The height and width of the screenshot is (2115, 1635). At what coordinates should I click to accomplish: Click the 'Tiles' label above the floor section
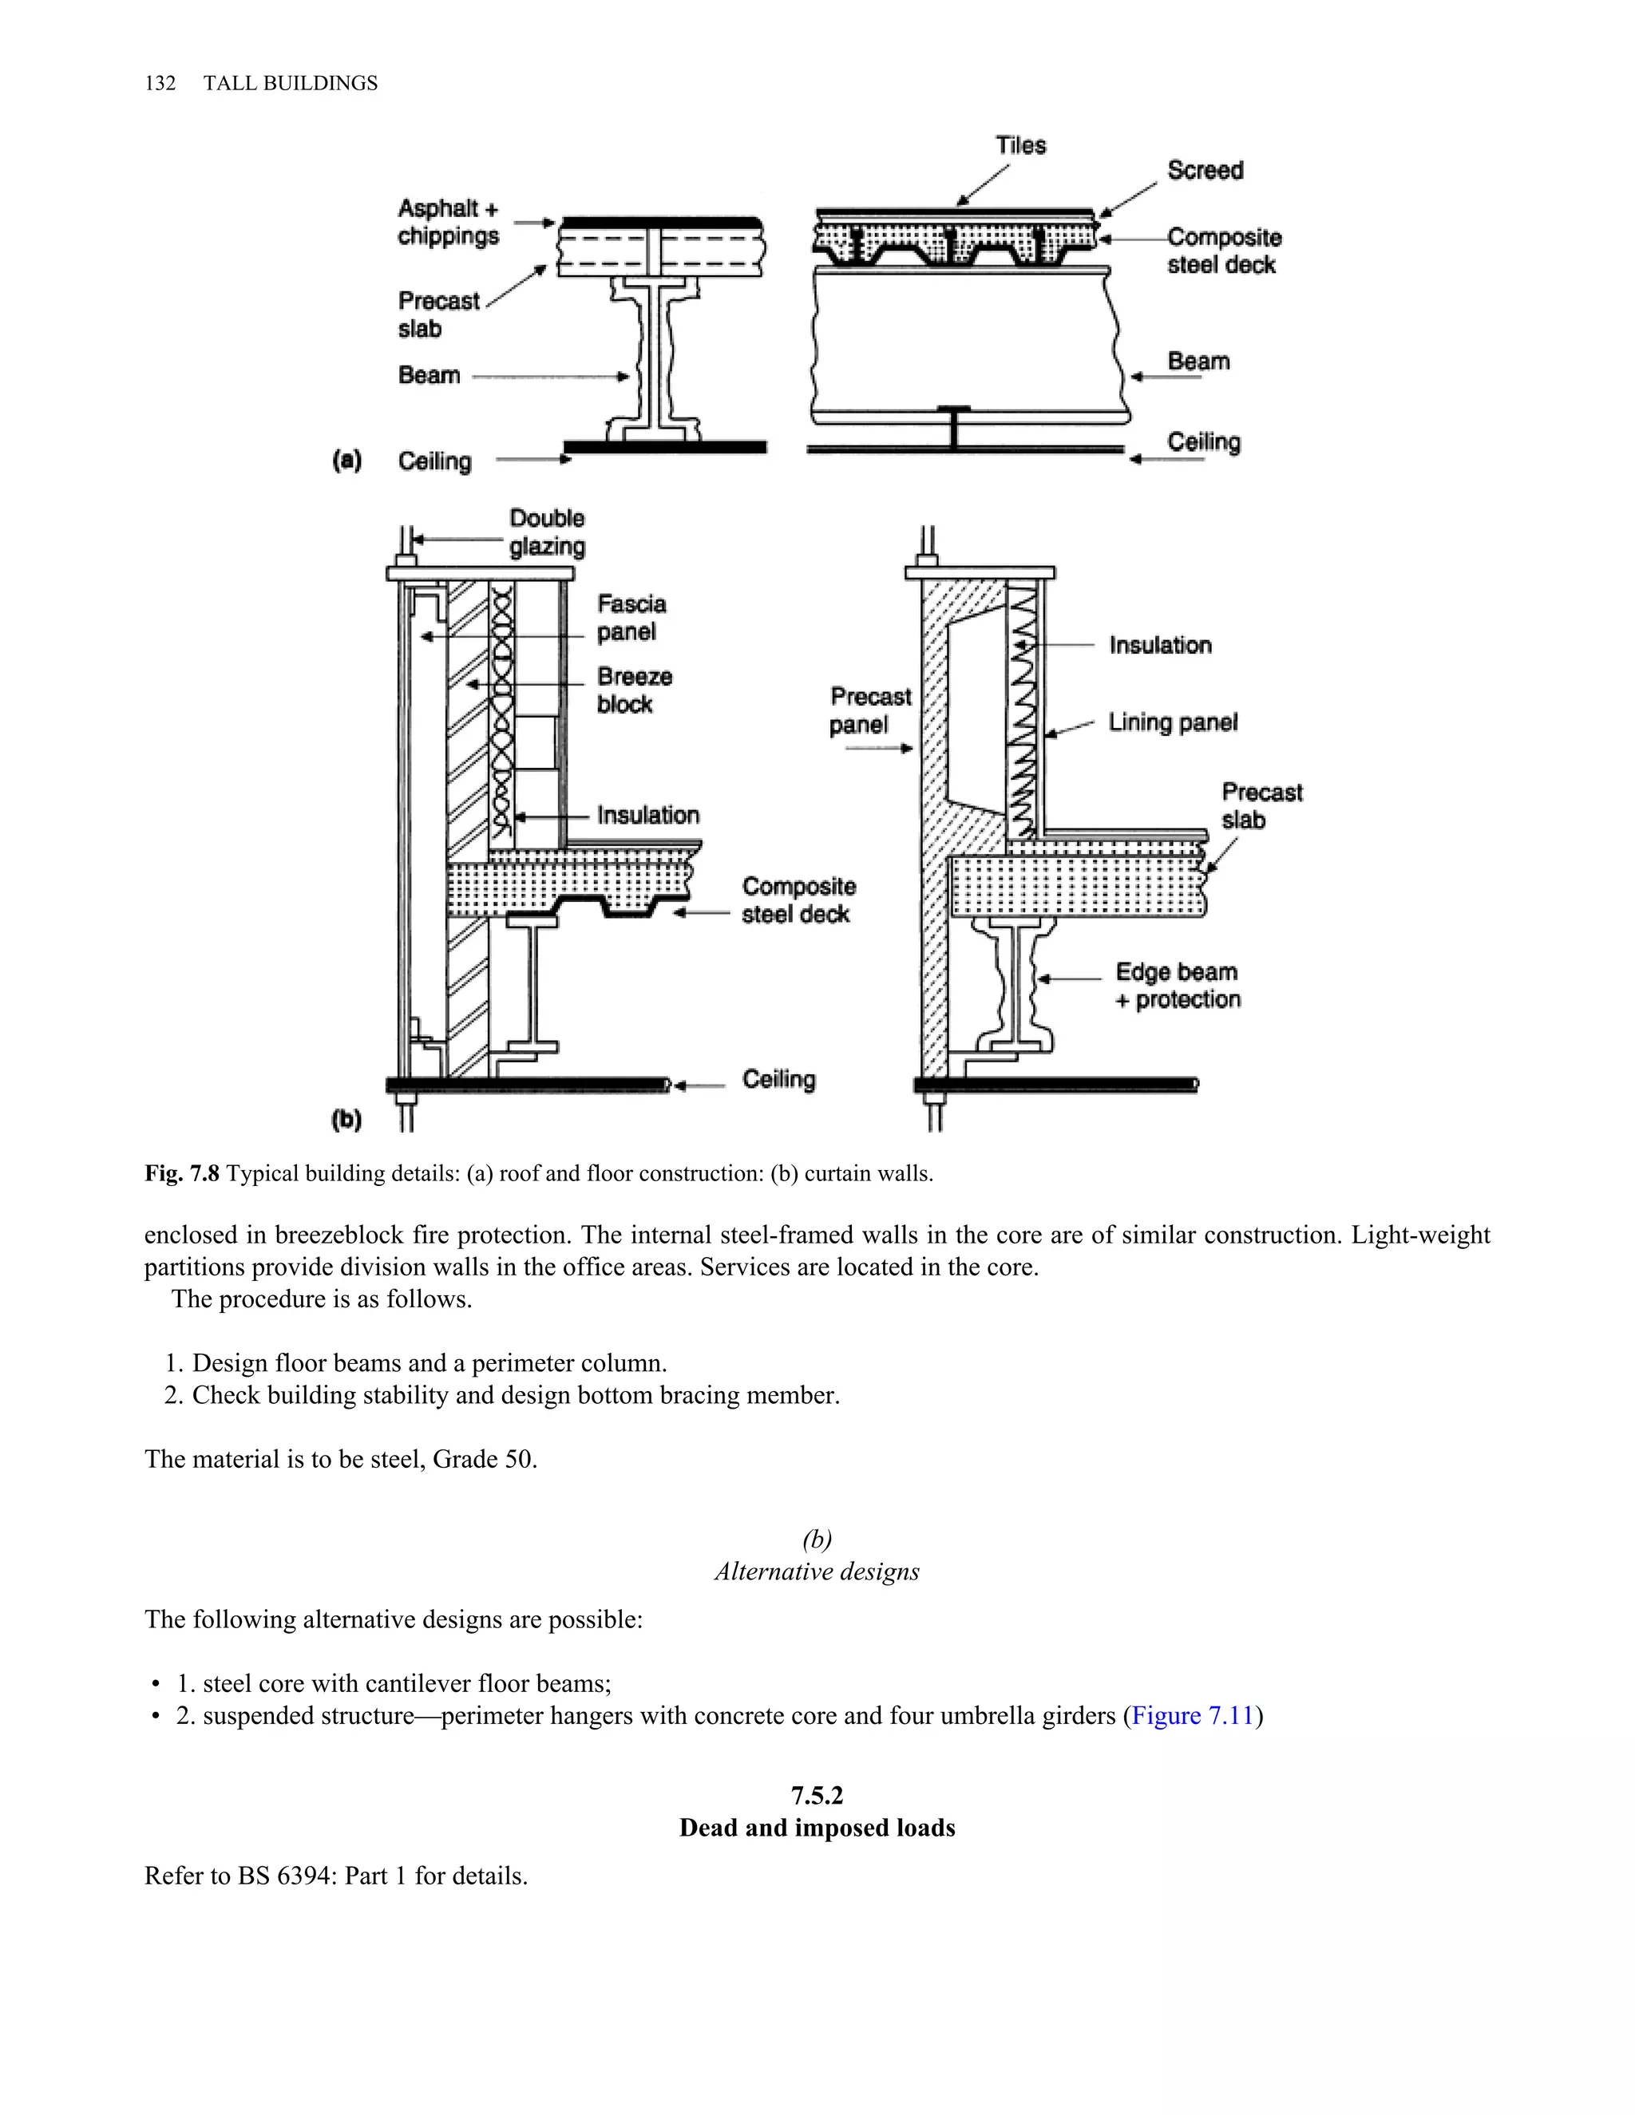tap(1020, 145)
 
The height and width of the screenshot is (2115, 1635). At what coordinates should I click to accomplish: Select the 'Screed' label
tap(1204, 171)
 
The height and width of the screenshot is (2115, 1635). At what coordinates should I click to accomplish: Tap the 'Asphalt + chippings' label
tap(448, 222)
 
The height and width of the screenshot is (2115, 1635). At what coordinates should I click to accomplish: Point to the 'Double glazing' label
tap(547, 532)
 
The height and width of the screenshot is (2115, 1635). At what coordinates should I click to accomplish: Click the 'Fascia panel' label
tap(631, 618)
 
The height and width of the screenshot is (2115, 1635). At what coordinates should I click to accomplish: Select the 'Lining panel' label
tap(1172, 722)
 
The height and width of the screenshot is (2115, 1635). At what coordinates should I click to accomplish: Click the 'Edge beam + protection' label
tap(1177, 985)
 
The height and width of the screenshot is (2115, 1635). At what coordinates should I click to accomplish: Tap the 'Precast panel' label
tap(870, 711)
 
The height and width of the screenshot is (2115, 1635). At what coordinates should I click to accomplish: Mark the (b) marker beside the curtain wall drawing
tap(346, 1121)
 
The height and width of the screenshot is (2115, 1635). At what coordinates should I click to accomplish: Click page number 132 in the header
tap(160, 83)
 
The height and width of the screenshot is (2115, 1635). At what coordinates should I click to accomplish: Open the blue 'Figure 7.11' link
tap(1193, 1716)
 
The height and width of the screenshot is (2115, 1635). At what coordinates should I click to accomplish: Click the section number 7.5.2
tap(817, 1796)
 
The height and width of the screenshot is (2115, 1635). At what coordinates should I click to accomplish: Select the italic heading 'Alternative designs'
tap(817, 1571)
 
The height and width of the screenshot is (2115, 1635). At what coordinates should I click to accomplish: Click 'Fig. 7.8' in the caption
tap(182, 1174)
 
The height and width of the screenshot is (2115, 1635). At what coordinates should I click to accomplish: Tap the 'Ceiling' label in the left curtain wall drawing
tap(778, 1079)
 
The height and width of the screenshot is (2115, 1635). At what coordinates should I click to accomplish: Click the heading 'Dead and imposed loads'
tap(817, 1828)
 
